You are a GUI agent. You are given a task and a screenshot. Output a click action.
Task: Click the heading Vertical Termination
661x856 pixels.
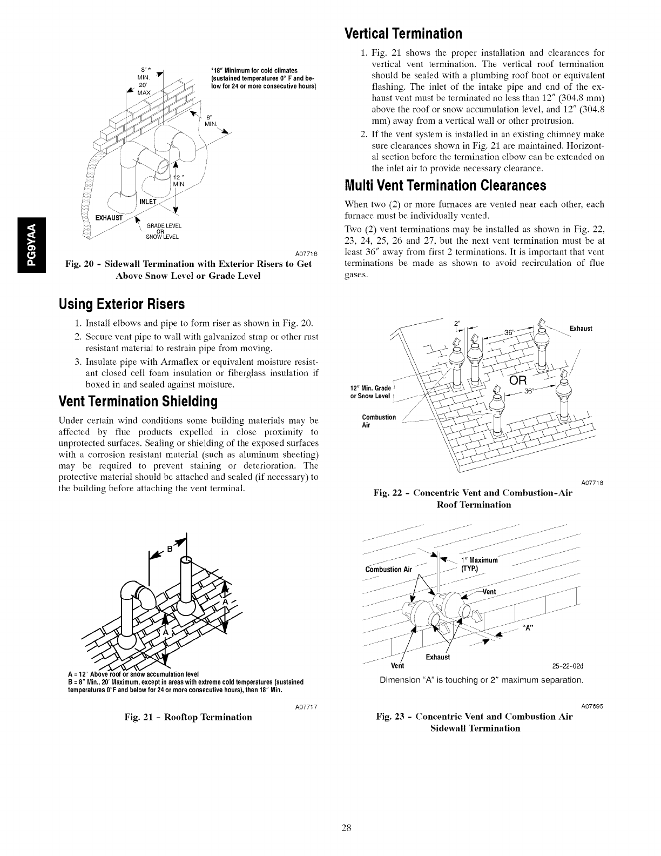[x=403, y=34]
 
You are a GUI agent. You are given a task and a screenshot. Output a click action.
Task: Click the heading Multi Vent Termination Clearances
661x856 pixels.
[x=445, y=186]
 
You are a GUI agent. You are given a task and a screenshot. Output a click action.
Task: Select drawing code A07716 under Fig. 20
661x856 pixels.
[x=306, y=254]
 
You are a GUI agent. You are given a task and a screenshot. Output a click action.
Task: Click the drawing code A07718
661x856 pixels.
[x=592, y=483]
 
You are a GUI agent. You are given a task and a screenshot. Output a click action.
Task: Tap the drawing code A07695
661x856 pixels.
[x=592, y=706]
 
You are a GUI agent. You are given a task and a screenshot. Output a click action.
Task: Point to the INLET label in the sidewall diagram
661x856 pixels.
[x=148, y=202]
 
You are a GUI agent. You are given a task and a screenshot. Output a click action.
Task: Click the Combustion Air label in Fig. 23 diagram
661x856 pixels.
[x=388, y=569]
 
